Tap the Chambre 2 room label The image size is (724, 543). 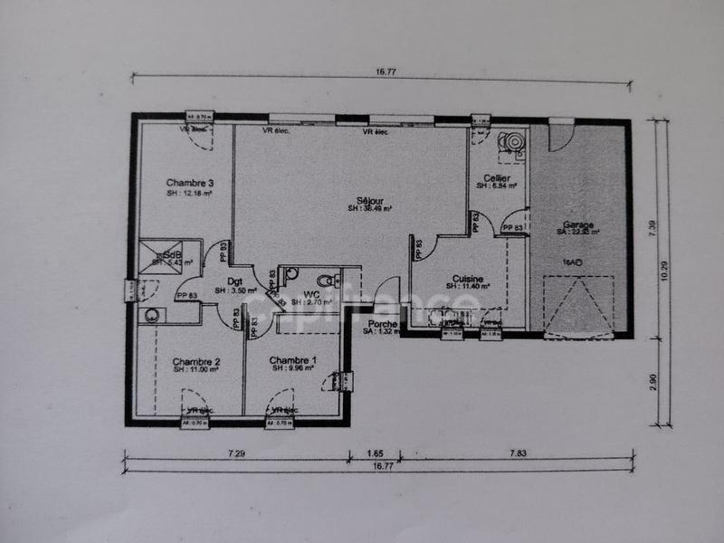pyautogui.click(x=195, y=361)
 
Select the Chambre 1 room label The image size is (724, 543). pyautogui.click(x=293, y=360)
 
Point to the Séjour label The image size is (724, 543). pyautogui.click(x=369, y=200)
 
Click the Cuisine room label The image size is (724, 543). pyautogui.click(x=468, y=279)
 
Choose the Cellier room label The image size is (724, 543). pyautogui.click(x=497, y=178)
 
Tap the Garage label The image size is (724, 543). pyautogui.click(x=578, y=224)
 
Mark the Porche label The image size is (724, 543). pyautogui.click(x=383, y=323)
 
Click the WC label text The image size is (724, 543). pyautogui.click(x=311, y=294)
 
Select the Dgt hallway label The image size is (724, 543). pyautogui.click(x=235, y=281)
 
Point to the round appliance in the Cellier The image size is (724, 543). pyautogui.click(x=513, y=142)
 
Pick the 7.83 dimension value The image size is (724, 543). pyautogui.click(x=519, y=452)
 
